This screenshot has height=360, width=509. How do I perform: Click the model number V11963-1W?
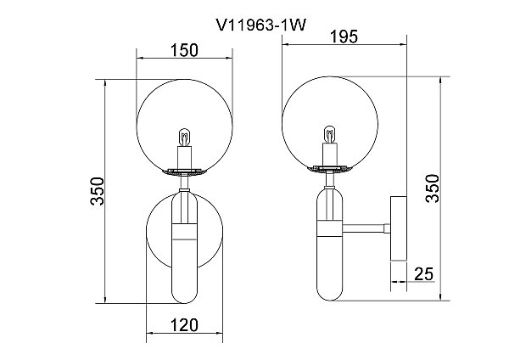pos(260,25)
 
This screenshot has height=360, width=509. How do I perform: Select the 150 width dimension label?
pos(184,50)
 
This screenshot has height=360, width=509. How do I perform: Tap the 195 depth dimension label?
pos(344,37)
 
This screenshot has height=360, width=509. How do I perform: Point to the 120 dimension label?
pos(184,325)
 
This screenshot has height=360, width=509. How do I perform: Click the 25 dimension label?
pos(424,274)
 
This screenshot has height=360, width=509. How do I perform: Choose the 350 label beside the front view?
pos(98,191)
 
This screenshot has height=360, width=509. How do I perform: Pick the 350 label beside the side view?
pos(433,188)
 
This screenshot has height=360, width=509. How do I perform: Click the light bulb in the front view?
pos(184,137)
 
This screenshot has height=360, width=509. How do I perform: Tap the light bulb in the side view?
pos(329,134)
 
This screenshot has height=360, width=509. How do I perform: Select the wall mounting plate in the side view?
pos(399,228)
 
